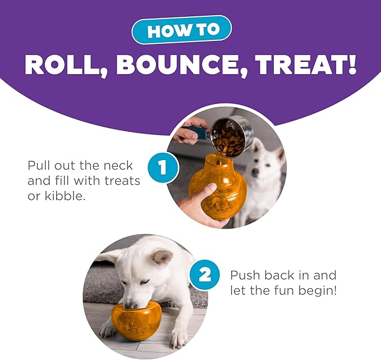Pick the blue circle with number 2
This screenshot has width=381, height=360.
(205, 275)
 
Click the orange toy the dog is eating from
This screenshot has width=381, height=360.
(135, 321)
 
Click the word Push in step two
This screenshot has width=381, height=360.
(246, 275)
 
